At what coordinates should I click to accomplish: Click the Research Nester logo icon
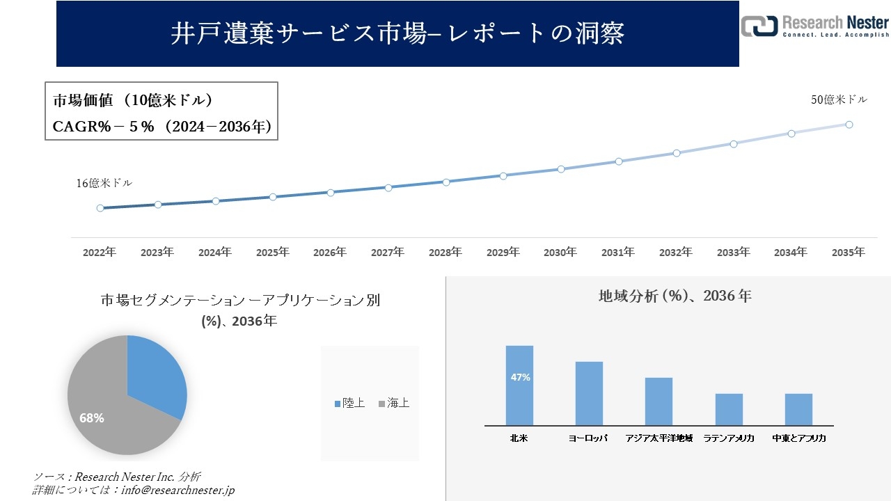click(759, 26)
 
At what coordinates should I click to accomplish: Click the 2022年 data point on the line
click(100, 208)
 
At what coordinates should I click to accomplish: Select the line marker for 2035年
click(849, 125)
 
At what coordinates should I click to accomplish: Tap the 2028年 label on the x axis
click(445, 253)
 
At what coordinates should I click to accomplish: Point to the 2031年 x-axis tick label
click(618, 253)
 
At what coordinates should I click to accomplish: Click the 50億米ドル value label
click(839, 100)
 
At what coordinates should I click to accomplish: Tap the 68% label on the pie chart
click(92, 418)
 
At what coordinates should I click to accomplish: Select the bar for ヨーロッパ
click(589, 393)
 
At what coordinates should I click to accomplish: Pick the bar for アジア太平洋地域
click(659, 401)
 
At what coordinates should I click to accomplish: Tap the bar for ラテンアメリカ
click(729, 409)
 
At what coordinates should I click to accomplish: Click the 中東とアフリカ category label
click(799, 438)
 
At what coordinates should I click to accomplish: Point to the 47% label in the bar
click(519, 377)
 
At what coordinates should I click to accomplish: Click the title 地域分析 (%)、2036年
click(675, 296)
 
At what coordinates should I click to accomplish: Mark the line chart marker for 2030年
click(560, 169)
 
